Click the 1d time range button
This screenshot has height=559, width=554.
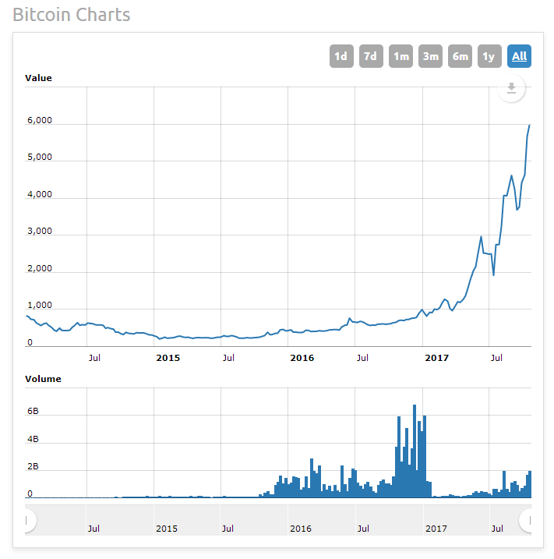341,56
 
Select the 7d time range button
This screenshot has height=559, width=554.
371,56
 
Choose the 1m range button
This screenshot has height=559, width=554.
401,56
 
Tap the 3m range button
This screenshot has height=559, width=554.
430,56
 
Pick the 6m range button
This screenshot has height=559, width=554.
460,56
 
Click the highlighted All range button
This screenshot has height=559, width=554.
519,56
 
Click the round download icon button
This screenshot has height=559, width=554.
511,88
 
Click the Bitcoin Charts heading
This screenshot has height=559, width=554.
72,15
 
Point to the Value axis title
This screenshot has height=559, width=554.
38,78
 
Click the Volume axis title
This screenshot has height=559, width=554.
43,379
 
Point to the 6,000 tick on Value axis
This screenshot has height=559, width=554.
39,121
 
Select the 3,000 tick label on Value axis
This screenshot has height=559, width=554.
39,232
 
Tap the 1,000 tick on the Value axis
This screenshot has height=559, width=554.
39,306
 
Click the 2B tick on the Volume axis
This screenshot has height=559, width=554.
33,467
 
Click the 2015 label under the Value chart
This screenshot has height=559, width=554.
168,358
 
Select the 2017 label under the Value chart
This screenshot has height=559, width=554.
437,358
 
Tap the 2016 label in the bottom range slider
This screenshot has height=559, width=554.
301,528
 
